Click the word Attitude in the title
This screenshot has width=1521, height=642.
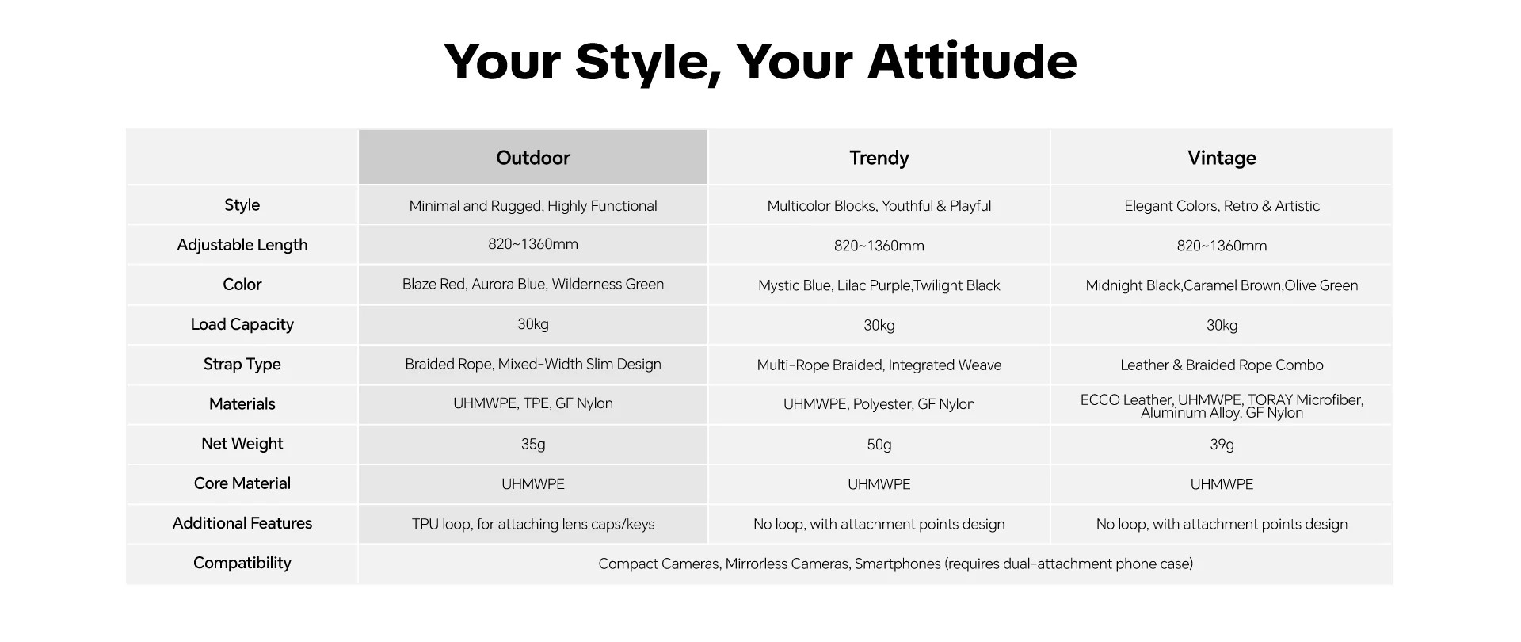972,61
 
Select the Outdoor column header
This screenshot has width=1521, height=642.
533,158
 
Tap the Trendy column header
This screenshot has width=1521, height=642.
879,158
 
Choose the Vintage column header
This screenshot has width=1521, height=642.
1222,158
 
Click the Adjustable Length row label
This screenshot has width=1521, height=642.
242,245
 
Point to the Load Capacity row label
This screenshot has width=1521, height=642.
242,324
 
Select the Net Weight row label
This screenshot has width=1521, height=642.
242,443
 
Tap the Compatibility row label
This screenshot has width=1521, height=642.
242,563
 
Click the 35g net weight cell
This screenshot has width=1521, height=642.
533,444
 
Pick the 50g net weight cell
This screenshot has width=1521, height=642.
879,445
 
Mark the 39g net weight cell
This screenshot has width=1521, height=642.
1222,445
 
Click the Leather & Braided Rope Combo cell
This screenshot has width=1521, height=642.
1222,365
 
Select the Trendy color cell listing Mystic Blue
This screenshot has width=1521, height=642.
879,285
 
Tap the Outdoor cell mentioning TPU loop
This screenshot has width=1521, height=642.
533,524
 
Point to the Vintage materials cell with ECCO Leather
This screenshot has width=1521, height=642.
1222,406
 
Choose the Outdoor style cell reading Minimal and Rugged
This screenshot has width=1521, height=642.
533,206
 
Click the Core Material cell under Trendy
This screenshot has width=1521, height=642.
879,484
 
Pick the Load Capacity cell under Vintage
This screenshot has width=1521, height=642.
1222,325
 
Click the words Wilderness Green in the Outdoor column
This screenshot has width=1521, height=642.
608,284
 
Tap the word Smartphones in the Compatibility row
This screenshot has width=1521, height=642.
898,564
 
